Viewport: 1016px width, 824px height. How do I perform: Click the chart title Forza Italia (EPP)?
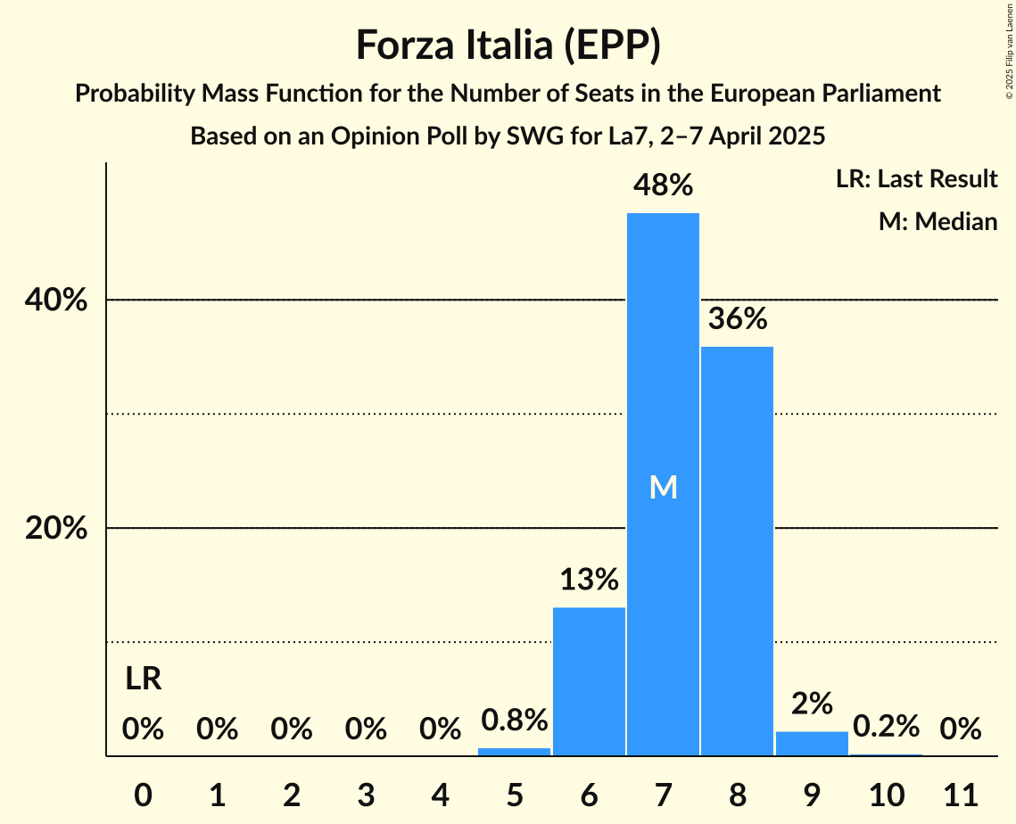(508, 45)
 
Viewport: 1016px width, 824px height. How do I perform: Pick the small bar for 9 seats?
(812, 744)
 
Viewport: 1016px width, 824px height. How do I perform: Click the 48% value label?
(663, 185)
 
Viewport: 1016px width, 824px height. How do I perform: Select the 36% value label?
(737, 318)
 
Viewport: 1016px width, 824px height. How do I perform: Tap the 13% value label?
(589, 580)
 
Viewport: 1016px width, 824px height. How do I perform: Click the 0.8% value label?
(515, 720)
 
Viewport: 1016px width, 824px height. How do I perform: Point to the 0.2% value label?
(886, 727)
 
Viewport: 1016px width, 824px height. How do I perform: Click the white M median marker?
(663, 487)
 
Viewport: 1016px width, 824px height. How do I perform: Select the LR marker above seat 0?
(143, 680)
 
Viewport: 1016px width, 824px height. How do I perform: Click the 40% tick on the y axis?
(56, 301)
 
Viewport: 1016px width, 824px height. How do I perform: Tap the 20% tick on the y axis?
(56, 529)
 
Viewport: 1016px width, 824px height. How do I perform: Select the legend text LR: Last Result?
(916, 179)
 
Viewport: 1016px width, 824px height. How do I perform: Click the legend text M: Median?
(938, 221)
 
